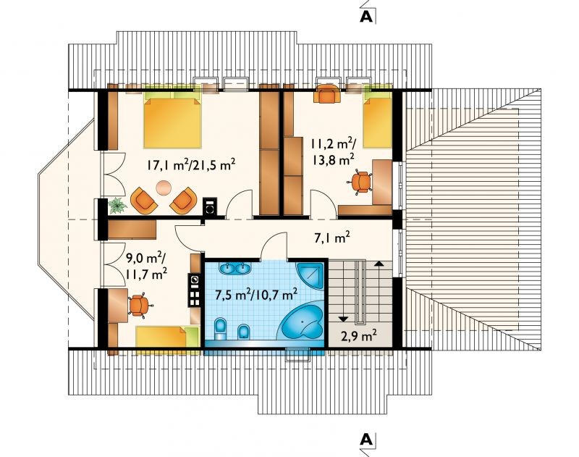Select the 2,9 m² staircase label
pyautogui.click(x=358, y=336)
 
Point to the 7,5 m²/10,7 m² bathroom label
pyautogui.click(x=256, y=295)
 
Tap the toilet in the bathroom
pyautogui.click(x=221, y=328)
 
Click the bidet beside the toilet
pyautogui.click(x=243, y=332)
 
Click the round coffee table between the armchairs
pyautogui.click(x=164, y=188)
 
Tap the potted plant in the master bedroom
pyautogui.click(x=117, y=205)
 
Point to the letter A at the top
pyautogui.click(x=366, y=17)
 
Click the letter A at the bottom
pyautogui.click(x=366, y=440)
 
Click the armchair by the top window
pyautogui.click(x=327, y=93)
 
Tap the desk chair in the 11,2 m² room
pyautogui.click(x=360, y=182)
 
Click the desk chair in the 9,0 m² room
pyautogui.click(x=139, y=305)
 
